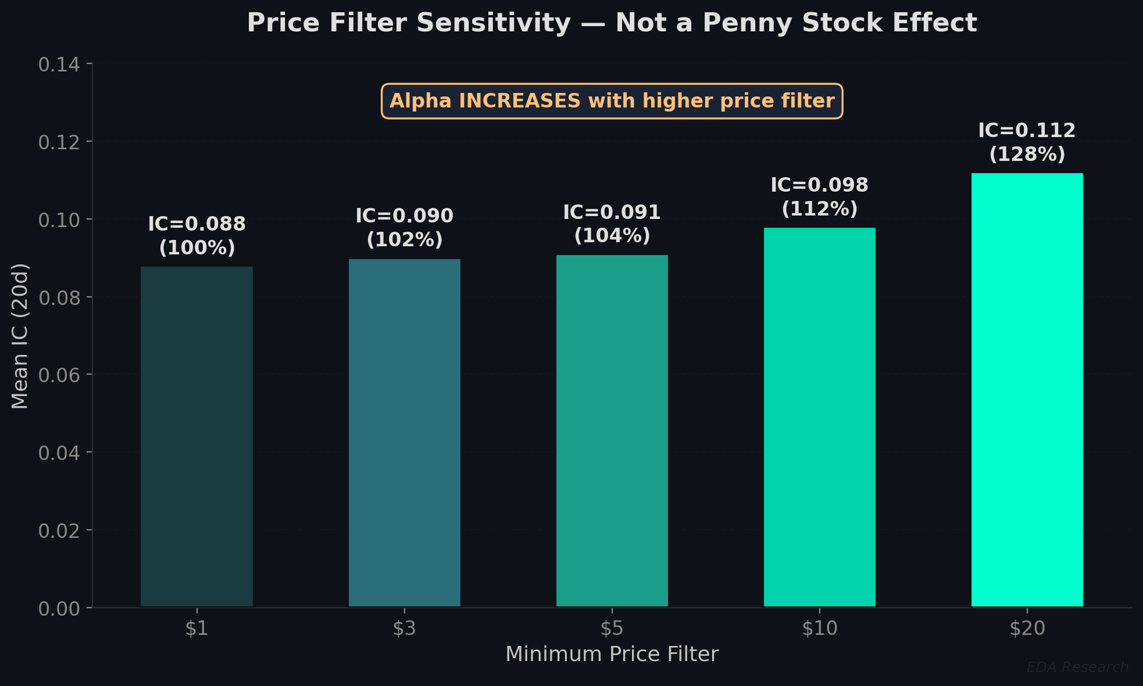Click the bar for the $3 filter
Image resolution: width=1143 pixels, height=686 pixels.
pyautogui.click(x=404, y=433)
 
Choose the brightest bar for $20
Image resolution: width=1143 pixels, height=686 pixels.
pyautogui.click(x=1027, y=390)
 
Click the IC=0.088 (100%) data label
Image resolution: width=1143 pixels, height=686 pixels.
pyautogui.click(x=197, y=236)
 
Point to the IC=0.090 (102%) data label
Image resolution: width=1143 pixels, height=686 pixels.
pyautogui.click(x=404, y=228)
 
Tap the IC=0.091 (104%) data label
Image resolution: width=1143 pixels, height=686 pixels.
pyautogui.click(x=612, y=224)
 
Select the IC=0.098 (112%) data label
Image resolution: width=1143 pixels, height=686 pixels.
pyautogui.click(x=819, y=197)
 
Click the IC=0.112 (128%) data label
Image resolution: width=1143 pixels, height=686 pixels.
pyautogui.click(x=1027, y=142)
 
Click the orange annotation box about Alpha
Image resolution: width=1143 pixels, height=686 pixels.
pyautogui.click(x=612, y=101)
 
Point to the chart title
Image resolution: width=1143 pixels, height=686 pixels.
pyautogui.click(x=612, y=23)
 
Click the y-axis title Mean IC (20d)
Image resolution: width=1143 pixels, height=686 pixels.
pyautogui.click(x=20, y=336)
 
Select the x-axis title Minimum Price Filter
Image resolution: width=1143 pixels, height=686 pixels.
pyautogui.click(x=612, y=654)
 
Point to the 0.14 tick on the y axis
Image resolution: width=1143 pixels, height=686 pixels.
pyautogui.click(x=59, y=64)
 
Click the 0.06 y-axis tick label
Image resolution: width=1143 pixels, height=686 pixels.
pyautogui.click(x=59, y=375)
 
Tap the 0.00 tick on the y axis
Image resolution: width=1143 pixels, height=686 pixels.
pyautogui.click(x=59, y=609)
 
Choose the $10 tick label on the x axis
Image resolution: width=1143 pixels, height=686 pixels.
pyautogui.click(x=819, y=628)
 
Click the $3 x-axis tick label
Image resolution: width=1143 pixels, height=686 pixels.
pyautogui.click(x=404, y=628)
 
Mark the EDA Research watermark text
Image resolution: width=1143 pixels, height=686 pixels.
pyautogui.click(x=1077, y=667)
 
